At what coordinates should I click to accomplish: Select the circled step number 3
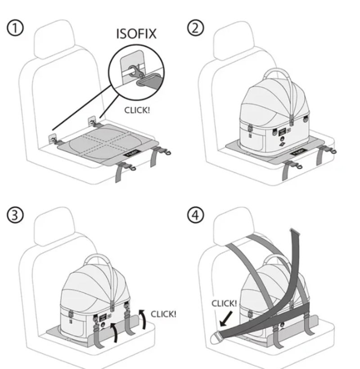point(15,216)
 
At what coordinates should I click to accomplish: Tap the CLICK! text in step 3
point(163,314)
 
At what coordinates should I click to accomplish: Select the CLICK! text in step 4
point(224,304)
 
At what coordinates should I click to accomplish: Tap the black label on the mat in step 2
point(297,153)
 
